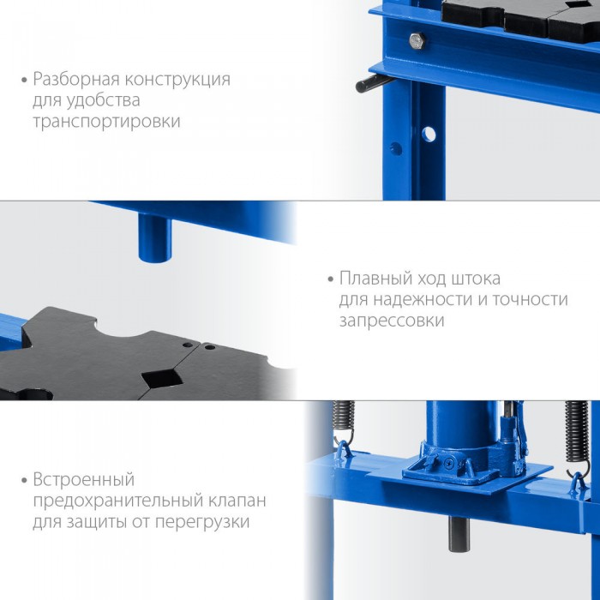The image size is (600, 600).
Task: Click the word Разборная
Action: pos(76,80)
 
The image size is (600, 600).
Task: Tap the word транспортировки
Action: pos(107,122)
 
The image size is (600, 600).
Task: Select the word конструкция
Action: pos(178,80)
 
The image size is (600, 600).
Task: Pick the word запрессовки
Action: pos(392,321)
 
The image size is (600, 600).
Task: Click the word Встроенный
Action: pos(84,479)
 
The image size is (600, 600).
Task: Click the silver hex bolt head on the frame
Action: pos(417,40)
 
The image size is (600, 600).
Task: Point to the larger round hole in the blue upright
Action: pos(429,135)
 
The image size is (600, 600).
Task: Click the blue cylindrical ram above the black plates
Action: pos(154,237)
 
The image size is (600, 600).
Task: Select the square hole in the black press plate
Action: pos(162,378)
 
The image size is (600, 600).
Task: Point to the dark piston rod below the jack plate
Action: pos(459,534)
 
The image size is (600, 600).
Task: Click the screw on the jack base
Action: pos(448,463)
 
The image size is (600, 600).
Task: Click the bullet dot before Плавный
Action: pos(331,279)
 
